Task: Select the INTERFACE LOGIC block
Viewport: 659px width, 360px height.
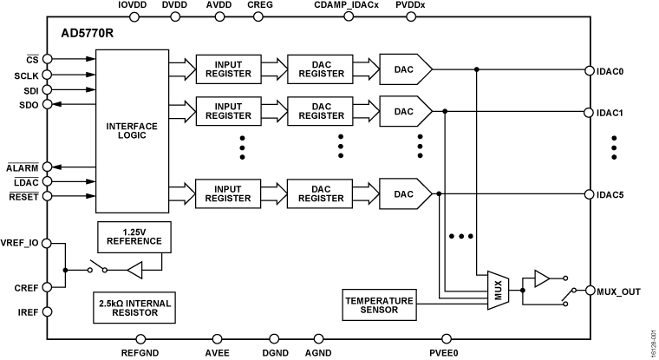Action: click(x=132, y=130)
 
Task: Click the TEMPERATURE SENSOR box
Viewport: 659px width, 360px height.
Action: click(x=379, y=304)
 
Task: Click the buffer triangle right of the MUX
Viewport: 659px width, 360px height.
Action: click(x=541, y=278)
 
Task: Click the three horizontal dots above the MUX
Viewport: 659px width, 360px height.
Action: click(x=460, y=236)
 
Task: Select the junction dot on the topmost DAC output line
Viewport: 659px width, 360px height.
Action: click(x=476, y=69)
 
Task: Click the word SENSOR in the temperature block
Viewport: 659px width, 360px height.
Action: click(x=379, y=310)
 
